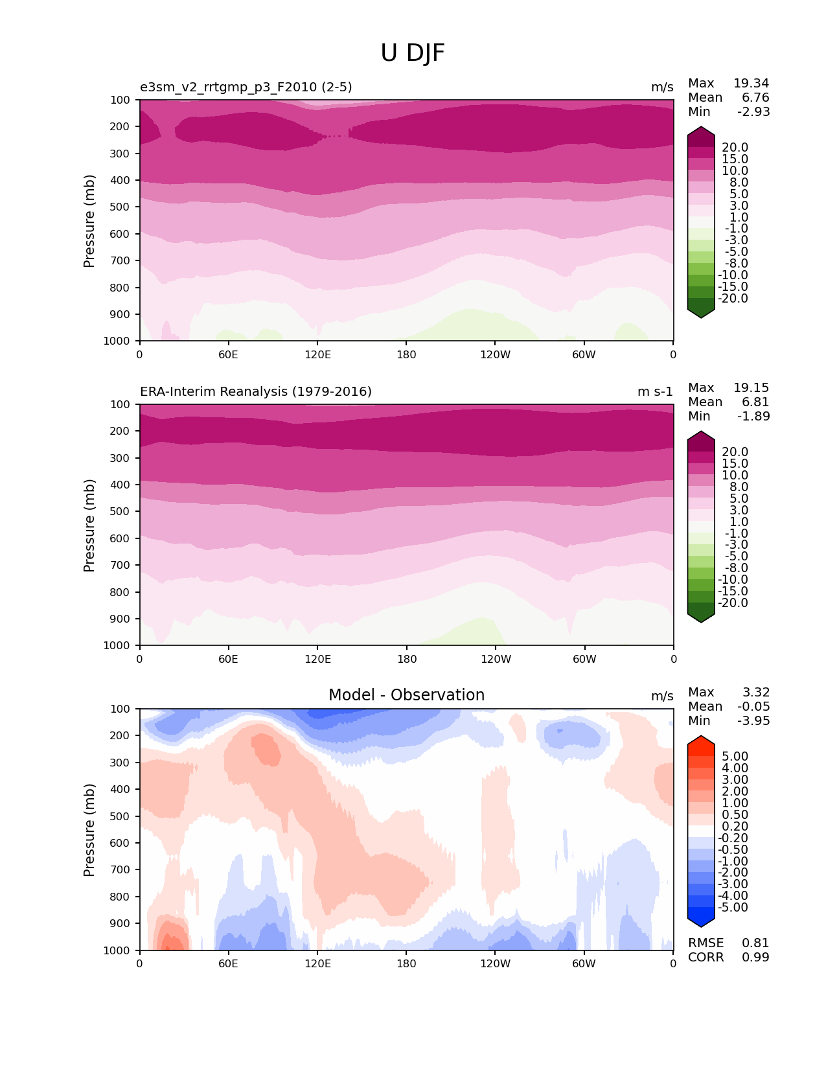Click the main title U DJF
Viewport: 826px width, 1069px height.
413,53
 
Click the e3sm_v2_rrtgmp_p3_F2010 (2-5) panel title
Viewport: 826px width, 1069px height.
246,87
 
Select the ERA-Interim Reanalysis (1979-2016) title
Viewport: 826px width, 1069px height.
256,392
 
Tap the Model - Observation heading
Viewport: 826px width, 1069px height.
406,695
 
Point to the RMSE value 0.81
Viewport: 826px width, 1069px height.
755,943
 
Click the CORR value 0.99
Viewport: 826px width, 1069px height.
755,958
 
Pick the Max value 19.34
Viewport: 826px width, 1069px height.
751,84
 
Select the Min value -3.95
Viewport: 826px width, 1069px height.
753,721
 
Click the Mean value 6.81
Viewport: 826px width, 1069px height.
755,402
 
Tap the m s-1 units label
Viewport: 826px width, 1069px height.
655,392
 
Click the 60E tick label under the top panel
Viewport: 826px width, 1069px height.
228,354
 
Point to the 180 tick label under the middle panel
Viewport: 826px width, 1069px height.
406,659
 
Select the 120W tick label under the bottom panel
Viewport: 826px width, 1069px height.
496,963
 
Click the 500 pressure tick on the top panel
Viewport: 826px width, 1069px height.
121,207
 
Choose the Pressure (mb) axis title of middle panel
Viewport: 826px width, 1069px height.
89,525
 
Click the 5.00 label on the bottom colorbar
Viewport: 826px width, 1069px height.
735,757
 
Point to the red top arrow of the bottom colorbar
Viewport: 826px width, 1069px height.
701,743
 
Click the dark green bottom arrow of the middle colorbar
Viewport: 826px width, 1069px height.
701,616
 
